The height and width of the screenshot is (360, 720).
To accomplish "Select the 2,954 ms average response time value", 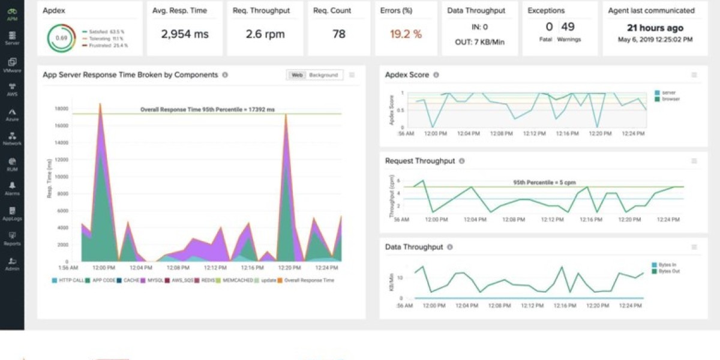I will [x=185, y=34].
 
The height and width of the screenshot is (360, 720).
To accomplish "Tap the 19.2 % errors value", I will [x=406, y=34].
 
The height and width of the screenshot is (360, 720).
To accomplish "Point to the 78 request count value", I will [x=339, y=34].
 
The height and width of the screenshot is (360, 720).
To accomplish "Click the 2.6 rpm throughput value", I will [x=265, y=34].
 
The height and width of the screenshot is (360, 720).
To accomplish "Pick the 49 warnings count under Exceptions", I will [x=568, y=27].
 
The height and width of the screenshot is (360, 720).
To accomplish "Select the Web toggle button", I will [x=296, y=75].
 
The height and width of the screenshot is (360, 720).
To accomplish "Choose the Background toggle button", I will [x=323, y=75].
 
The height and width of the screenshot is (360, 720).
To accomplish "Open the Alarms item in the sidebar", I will [x=11, y=188].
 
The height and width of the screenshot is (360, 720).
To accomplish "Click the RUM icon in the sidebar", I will [x=12, y=161].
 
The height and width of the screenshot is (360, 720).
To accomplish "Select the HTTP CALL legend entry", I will [x=68, y=280].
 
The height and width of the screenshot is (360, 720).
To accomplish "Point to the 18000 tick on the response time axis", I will [x=61, y=109].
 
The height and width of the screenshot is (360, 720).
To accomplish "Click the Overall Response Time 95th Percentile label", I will [x=207, y=110].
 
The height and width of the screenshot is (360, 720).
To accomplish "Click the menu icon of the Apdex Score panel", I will [x=694, y=75].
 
